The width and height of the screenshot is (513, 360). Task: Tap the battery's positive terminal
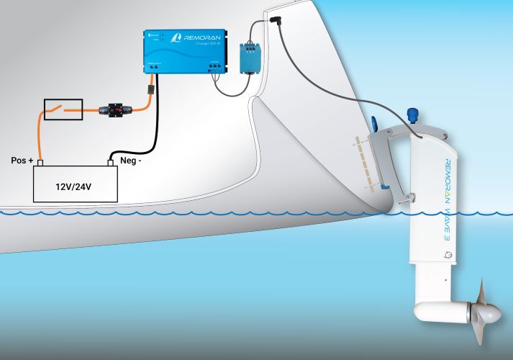[40, 162]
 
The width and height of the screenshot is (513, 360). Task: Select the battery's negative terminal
[112, 162]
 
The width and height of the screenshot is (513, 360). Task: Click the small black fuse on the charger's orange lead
[150, 91]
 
